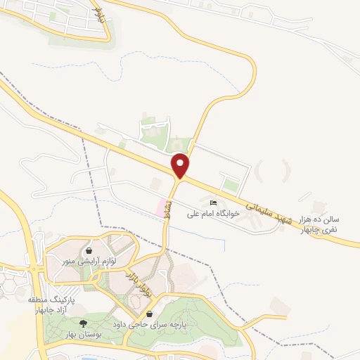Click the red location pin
181,165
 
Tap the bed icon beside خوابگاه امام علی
213,203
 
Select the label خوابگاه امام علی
213,212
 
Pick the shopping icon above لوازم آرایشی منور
89,250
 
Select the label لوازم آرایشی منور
89,261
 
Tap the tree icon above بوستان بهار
83,323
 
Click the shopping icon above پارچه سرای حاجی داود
149,314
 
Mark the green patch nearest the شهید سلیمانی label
230,186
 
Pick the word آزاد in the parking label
67,311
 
